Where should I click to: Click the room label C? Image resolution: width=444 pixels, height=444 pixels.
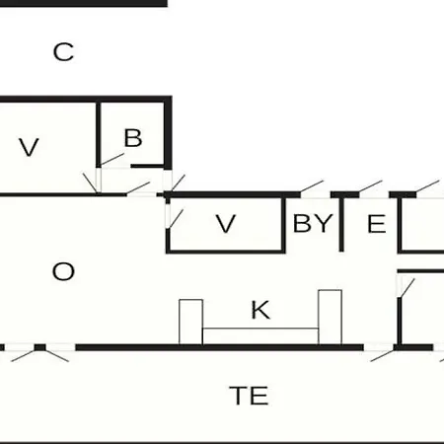click(63, 52)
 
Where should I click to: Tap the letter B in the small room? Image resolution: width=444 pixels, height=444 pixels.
click(133, 138)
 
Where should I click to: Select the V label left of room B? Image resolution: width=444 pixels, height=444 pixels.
click(29, 147)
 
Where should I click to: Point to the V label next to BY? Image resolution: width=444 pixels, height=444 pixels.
click(226, 224)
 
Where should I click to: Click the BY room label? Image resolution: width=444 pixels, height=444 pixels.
click(313, 223)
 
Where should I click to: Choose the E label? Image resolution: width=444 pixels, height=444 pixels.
click(377, 224)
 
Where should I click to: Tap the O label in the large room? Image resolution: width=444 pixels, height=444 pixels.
click(63, 271)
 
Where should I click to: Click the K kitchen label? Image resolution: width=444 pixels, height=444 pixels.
click(260, 310)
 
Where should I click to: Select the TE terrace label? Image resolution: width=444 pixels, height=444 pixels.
click(249, 396)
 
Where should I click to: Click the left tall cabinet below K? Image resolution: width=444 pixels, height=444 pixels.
click(190, 322)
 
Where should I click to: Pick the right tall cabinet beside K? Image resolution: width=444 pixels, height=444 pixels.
click(330, 318)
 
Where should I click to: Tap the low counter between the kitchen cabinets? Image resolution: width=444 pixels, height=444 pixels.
click(260, 336)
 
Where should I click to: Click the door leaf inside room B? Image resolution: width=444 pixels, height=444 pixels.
click(111, 159)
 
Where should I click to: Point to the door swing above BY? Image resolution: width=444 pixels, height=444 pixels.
click(312, 186)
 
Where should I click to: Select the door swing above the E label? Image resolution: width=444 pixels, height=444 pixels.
click(370, 186)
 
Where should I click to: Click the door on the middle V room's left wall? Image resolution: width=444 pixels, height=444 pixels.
click(176, 218)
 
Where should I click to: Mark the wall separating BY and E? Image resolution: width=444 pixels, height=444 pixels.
click(341, 225)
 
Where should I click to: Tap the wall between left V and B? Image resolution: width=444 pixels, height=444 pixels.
click(98, 134)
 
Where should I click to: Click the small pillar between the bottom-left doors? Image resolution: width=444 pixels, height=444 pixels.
click(40, 347)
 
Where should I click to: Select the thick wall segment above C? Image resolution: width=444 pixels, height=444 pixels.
click(84, 4)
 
